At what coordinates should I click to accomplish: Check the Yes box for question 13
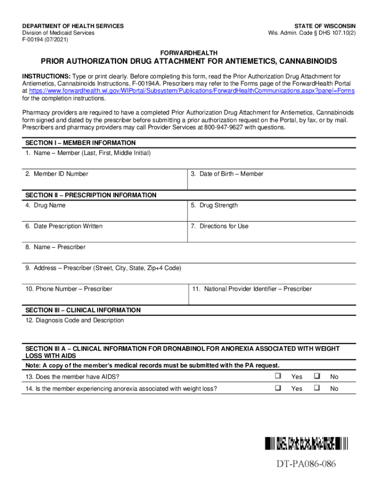click(278, 376)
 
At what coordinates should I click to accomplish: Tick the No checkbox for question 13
click(317, 376)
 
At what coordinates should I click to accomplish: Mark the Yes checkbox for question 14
click(278, 388)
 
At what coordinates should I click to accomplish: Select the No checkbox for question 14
click(317, 388)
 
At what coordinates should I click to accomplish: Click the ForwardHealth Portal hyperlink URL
click(192, 91)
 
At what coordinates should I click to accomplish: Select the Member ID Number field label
click(57, 174)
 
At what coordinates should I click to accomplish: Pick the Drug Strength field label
click(215, 205)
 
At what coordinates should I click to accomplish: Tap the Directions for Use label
click(219, 226)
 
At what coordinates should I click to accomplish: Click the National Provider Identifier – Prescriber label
click(252, 289)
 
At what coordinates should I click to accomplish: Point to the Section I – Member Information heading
click(81, 143)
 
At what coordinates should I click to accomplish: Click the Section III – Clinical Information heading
click(83, 310)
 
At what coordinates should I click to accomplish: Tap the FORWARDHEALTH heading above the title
click(189, 52)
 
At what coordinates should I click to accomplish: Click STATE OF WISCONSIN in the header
click(325, 26)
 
